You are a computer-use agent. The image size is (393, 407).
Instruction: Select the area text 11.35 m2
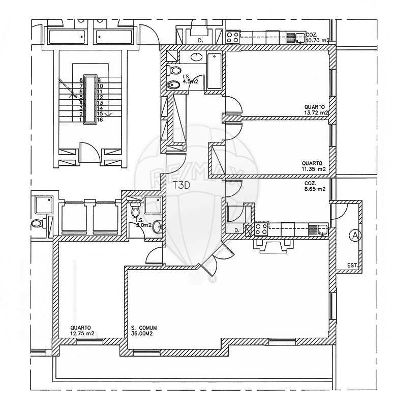pos(313,169)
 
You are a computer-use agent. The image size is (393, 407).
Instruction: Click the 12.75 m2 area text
pos(82,334)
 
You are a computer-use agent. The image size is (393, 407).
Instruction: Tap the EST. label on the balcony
pos(353,266)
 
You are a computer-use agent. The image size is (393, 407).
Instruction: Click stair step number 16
pos(101,120)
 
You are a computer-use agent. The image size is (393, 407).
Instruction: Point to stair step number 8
pos(81,80)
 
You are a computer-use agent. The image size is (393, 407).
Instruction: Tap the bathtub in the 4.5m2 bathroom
pos(214,71)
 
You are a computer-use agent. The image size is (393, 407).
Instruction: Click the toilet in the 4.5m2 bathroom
pos(175,70)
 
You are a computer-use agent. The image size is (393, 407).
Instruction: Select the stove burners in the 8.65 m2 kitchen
pos(261,229)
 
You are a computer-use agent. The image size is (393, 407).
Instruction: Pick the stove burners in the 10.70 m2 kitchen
pos(233,37)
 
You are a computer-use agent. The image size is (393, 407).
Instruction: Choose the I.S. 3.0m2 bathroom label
pos(144,223)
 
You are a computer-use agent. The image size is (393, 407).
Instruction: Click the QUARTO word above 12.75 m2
pos(81,328)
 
